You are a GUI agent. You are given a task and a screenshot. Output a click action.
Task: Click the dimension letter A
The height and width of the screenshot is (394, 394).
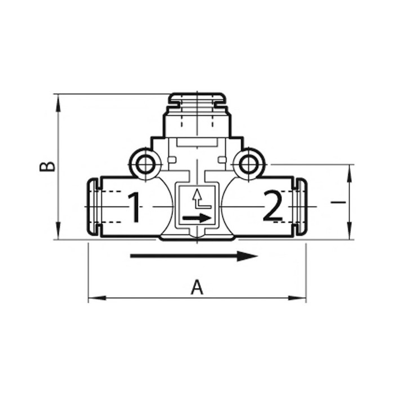click(x=196, y=288)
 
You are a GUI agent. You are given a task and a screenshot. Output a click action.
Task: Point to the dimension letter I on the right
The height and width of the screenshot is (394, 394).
click(x=335, y=202)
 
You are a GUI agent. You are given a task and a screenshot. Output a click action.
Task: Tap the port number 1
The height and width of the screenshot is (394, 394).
click(x=133, y=207)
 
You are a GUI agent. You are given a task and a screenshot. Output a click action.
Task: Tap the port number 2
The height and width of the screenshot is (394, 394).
click(x=273, y=207)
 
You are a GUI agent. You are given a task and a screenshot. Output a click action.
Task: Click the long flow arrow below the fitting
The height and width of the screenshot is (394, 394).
click(x=194, y=257)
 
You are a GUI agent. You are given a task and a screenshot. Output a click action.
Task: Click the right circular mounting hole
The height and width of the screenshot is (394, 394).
click(x=247, y=164)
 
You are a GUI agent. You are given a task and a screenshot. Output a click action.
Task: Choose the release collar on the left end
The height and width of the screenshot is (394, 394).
click(x=93, y=207)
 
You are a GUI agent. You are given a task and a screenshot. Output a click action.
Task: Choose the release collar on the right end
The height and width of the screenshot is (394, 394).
click(x=301, y=207)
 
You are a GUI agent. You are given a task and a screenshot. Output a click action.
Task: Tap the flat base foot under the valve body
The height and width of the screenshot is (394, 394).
click(x=196, y=239)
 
